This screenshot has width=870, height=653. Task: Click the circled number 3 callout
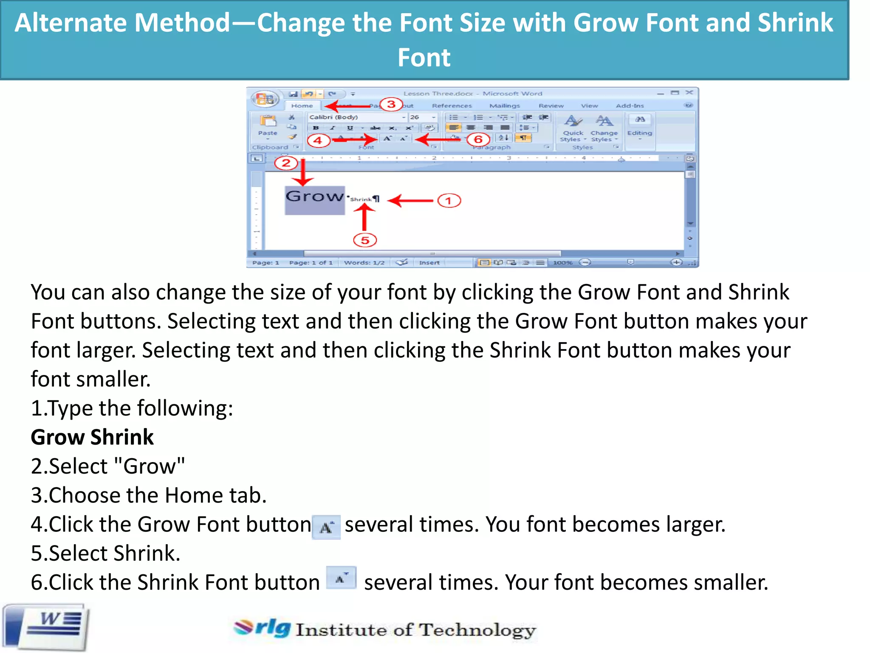(x=391, y=104)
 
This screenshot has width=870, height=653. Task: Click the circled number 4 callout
(x=318, y=140)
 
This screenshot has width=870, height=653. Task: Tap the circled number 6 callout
(x=478, y=139)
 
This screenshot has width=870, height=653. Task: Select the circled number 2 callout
(x=286, y=163)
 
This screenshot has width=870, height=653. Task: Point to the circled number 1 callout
(x=449, y=201)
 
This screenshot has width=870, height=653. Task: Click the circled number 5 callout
(x=365, y=240)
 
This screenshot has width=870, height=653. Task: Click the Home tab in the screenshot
(x=302, y=106)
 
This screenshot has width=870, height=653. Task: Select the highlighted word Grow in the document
(x=314, y=197)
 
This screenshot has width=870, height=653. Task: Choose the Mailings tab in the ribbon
(x=504, y=106)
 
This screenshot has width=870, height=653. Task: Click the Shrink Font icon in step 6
(x=341, y=578)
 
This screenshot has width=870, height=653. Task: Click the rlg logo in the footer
(x=263, y=627)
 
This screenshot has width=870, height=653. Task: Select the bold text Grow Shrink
(x=92, y=437)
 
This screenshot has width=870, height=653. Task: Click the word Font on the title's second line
(x=424, y=58)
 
